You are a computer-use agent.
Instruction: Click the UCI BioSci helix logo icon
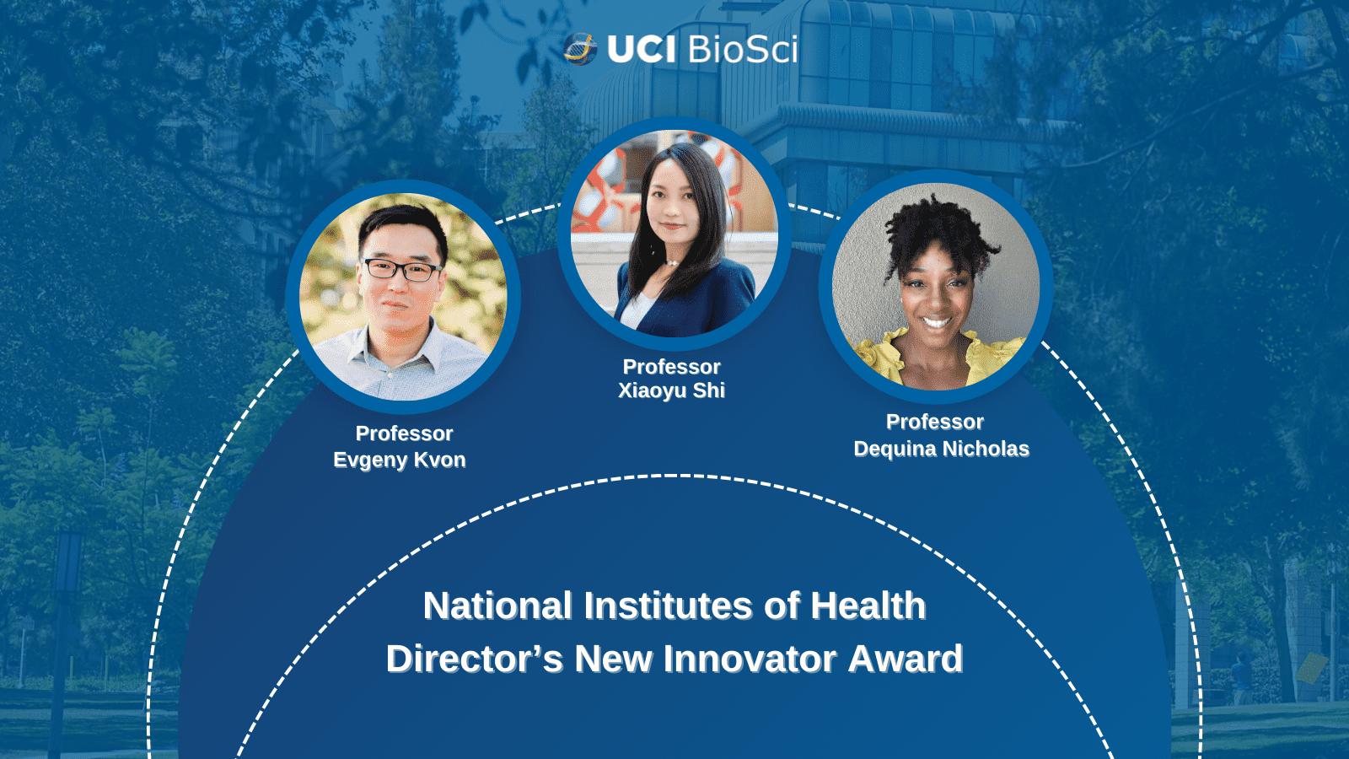point(580,49)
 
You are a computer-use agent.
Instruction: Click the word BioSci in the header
point(743,49)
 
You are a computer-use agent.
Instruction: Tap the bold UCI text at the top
point(642,50)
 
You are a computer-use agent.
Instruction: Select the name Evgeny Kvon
point(400,460)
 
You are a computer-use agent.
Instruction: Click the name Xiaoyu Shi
point(671,391)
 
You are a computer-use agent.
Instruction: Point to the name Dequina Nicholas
point(941,449)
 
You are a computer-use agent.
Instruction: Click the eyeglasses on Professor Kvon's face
point(402,270)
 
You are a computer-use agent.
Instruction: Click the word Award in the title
point(906,659)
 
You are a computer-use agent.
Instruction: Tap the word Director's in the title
point(475,659)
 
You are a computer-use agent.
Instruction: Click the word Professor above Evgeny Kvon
point(404,433)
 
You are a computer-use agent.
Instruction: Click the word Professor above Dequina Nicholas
point(935,423)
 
